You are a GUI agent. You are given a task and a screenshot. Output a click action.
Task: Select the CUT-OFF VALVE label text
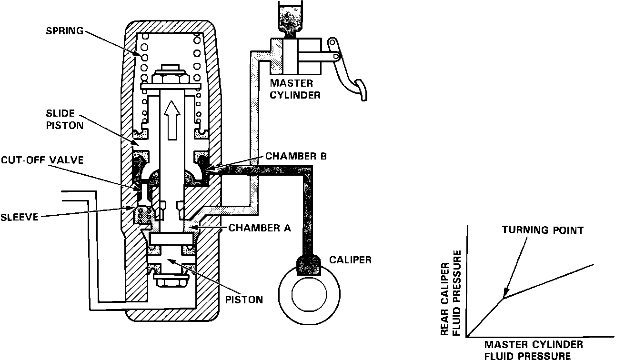(41, 160)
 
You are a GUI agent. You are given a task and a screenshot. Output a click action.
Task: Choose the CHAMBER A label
(260, 228)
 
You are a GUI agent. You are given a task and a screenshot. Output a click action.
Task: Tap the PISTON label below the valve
(244, 300)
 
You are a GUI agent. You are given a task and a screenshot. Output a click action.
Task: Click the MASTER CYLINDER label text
(295, 90)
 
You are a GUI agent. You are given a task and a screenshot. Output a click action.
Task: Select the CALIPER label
(350, 260)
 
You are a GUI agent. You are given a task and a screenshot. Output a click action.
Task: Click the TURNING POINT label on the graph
(542, 230)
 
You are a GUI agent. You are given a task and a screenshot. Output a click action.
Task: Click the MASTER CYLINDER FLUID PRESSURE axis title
(534, 350)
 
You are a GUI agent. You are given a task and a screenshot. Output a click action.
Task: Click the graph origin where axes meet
(468, 337)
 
